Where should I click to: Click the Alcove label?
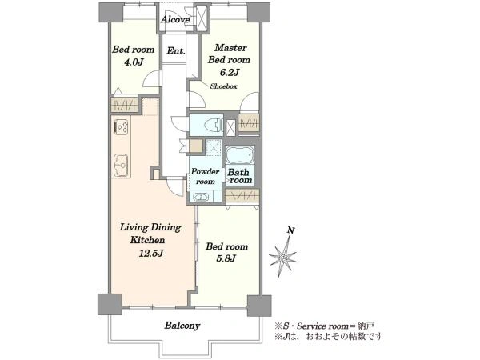click(x=175, y=19)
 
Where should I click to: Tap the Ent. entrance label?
click(x=176, y=50)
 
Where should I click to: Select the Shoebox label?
click(x=223, y=86)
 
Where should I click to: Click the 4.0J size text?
click(x=134, y=62)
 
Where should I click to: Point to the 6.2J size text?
click(x=230, y=73)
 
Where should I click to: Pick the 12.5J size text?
click(x=151, y=254)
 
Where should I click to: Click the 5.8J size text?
click(x=226, y=258)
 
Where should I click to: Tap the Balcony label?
click(x=182, y=326)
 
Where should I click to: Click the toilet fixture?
click(x=214, y=125)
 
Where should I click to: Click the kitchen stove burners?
click(x=122, y=127)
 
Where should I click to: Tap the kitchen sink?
click(x=121, y=166)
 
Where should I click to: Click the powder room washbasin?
click(x=200, y=197)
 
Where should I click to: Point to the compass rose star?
click(x=283, y=258)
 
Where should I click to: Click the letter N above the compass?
click(x=291, y=230)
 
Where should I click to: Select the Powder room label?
click(x=205, y=176)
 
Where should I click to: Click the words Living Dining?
click(x=150, y=227)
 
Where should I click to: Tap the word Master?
click(x=230, y=48)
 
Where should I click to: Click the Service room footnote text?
click(x=325, y=326)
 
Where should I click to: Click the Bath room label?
click(x=240, y=176)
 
